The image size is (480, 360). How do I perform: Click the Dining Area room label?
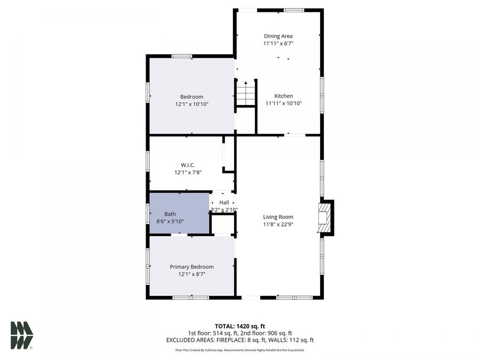(x=278, y=36)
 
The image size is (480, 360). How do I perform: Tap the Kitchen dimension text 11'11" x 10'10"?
(x=284, y=103)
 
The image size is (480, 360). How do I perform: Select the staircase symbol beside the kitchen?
(x=246, y=93)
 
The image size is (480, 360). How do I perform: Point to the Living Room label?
(x=278, y=217)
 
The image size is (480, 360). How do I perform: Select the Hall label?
(x=224, y=203)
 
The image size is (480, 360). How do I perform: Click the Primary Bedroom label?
(x=191, y=267)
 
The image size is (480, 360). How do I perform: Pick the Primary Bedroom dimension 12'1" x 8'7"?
(x=191, y=274)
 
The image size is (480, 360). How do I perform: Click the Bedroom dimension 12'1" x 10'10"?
(x=191, y=104)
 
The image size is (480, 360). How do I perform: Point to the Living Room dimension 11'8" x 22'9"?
(x=278, y=225)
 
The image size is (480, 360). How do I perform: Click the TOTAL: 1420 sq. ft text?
(x=239, y=326)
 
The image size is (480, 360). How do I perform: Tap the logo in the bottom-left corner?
(x=22, y=335)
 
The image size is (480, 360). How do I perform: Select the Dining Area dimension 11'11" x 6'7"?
(x=278, y=44)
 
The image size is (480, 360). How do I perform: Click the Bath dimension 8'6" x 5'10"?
(x=170, y=221)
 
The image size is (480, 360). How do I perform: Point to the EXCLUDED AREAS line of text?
(x=239, y=340)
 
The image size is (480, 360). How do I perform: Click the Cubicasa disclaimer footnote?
(x=239, y=350)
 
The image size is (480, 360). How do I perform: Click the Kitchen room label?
(x=284, y=96)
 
